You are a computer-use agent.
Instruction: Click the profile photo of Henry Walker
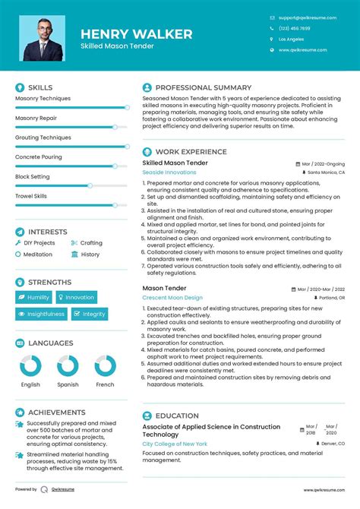tap(44, 37)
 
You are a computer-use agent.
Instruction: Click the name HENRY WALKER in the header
tap(137, 34)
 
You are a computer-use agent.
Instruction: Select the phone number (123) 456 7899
tap(294, 28)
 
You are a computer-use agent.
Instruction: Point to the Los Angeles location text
tap(291, 39)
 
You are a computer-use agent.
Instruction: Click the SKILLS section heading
tap(40, 87)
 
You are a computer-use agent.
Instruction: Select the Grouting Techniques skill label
tap(43, 138)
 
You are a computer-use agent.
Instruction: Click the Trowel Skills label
tap(31, 196)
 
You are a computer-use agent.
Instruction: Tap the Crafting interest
tap(91, 243)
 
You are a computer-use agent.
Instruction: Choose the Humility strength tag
tap(34, 297)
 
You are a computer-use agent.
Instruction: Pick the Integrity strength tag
tap(90, 314)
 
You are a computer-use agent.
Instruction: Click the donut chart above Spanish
tap(68, 365)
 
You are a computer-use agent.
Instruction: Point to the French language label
tap(105, 384)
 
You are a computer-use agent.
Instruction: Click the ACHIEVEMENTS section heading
tap(55, 413)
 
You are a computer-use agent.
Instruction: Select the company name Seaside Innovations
tap(169, 172)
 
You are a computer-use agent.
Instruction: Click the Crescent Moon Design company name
tap(172, 298)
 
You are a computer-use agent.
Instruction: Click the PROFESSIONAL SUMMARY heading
tap(203, 87)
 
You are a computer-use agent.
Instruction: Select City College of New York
tap(175, 443)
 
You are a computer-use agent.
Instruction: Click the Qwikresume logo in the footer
tap(45, 489)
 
